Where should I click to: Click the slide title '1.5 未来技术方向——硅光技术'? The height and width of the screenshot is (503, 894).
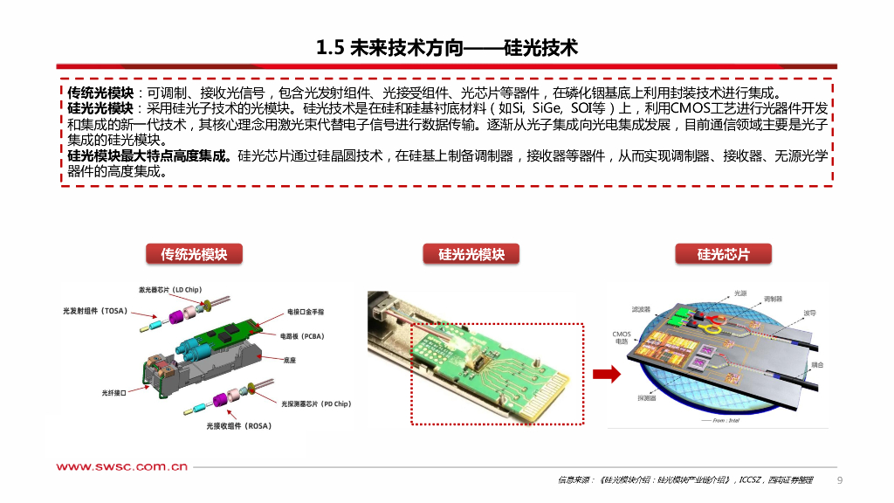point(447,47)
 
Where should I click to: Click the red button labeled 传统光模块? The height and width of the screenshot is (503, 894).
point(193,254)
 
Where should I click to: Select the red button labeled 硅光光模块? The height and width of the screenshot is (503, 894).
point(471,254)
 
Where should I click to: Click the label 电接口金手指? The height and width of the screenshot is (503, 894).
point(306,312)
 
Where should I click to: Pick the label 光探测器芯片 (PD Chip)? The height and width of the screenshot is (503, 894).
point(315,404)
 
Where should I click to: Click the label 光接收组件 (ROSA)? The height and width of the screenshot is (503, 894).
point(238,426)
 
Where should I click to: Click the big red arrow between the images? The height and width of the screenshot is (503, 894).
point(607,374)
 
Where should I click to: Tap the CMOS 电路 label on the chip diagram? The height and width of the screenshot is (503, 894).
point(620,337)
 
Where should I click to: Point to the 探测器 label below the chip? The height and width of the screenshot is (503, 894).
point(647,398)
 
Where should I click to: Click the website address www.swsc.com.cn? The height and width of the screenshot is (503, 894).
point(122,467)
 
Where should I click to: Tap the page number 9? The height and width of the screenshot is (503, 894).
point(840,480)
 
